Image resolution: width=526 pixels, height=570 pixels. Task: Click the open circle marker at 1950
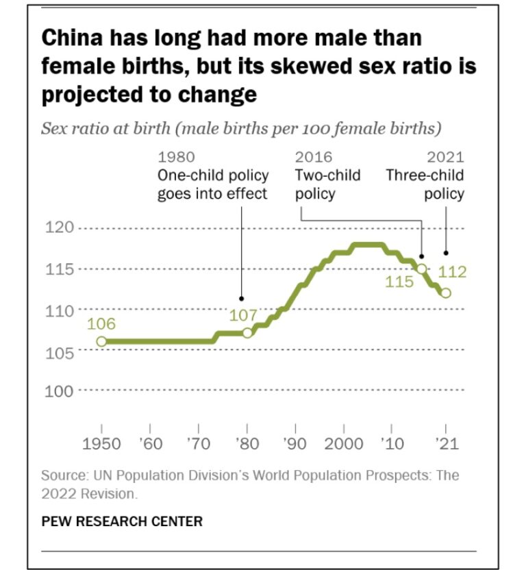coord(101,341)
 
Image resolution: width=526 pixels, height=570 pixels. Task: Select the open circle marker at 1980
coord(247,333)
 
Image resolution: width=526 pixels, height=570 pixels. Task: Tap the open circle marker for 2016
coord(422,269)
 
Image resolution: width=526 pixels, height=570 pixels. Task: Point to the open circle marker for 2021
coord(446,293)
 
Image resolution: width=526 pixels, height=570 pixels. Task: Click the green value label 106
coord(101,324)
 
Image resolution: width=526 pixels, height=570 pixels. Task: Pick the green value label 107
coord(242,316)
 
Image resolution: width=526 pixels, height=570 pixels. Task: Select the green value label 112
coord(453,272)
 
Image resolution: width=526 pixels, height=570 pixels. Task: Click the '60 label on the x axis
coord(151,443)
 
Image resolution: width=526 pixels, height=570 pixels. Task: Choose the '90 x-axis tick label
coord(295,443)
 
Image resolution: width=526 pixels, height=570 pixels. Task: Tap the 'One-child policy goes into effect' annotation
coord(212,184)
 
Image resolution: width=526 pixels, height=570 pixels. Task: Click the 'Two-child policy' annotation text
coord(327,184)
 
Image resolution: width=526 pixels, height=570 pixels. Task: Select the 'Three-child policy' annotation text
coord(425,184)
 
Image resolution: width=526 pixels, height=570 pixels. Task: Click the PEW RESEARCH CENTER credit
coord(122,521)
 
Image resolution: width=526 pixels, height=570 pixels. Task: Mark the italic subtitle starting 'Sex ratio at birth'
coord(240,128)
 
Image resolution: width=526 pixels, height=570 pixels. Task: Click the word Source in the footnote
coord(62,475)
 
